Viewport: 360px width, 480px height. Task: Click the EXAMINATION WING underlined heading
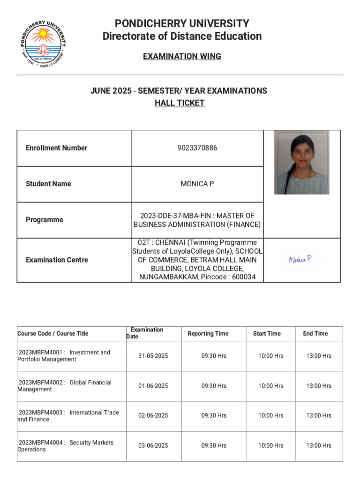coord(182,57)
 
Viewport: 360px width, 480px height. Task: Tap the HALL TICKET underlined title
coord(180,103)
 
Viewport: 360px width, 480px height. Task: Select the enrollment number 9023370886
coord(197,148)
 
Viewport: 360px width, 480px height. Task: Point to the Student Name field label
coord(48,184)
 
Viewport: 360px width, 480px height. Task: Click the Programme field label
coord(44,220)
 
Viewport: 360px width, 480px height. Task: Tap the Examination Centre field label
coord(57,260)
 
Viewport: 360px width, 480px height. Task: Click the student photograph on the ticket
coord(301,162)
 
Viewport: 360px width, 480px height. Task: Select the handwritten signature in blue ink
coord(301,259)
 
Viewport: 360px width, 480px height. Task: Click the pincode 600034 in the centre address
coord(247,277)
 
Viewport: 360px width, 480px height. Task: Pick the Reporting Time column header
coord(208,334)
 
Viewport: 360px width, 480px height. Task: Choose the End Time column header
coord(315,334)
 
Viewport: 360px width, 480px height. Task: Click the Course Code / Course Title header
coord(52,334)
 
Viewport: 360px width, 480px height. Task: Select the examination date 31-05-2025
coord(153,356)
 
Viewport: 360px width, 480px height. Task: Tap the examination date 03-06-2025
coord(153,446)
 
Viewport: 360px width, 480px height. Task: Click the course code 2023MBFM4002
coord(40,382)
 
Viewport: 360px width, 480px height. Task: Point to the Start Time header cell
coord(267,334)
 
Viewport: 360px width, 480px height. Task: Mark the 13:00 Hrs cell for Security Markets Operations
coord(319,446)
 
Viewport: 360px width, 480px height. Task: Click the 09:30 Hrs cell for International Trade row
coord(214,416)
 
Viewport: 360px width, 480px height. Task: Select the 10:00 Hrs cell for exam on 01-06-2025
coord(271,386)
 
